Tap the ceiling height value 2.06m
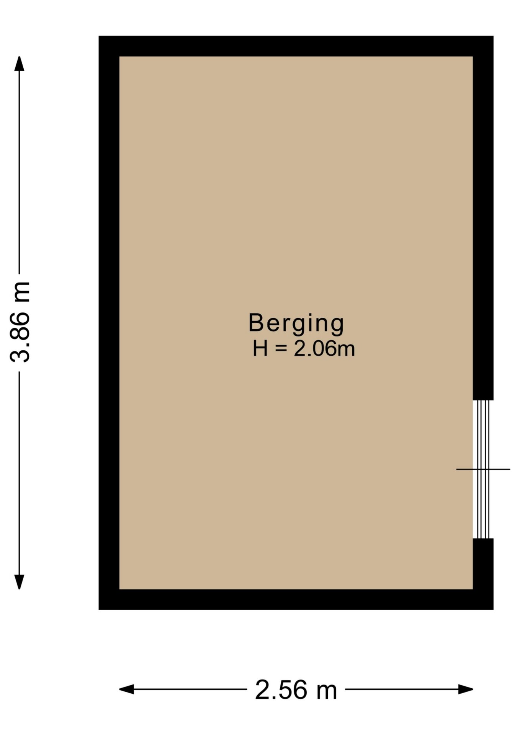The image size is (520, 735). pyautogui.click(x=324, y=349)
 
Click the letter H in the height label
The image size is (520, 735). pyautogui.click(x=260, y=349)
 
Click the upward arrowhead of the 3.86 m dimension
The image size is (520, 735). pyautogui.click(x=19, y=63)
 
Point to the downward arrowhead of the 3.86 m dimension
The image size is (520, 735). pyautogui.click(x=19, y=582)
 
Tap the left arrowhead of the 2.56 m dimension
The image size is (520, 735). pyautogui.click(x=126, y=689)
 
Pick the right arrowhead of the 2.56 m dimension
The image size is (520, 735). pyautogui.click(x=466, y=689)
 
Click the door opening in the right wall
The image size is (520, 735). pyautogui.click(x=483, y=469)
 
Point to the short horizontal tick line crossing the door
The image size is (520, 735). pyautogui.click(x=483, y=469)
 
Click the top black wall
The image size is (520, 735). pyautogui.click(x=296, y=46)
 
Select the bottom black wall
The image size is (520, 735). pyautogui.click(x=296, y=599)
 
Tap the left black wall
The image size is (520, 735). pyautogui.click(x=109, y=323)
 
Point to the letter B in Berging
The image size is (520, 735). pyautogui.click(x=256, y=323)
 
